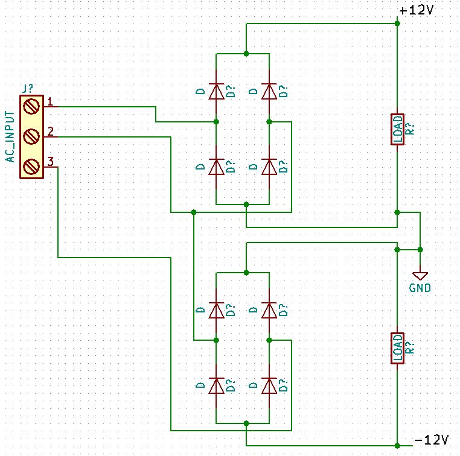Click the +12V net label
pyautogui.click(x=417, y=10)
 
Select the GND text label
pyautogui.click(x=420, y=288)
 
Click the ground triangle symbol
pyautogui.click(x=420, y=275)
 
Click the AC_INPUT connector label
pyautogui.click(x=10, y=136)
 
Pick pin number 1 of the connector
pyautogui.click(x=51, y=101)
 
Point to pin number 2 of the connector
pyautogui.click(x=51, y=131)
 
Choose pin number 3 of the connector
pyautogui.click(x=51, y=161)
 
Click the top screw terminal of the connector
pyautogui.click(x=31, y=107)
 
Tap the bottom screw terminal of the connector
pyautogui.click(x=31, y=167)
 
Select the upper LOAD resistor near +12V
pyautogui.click(x=397, y=129)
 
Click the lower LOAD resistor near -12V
pyautogui.click(x=397, y=348)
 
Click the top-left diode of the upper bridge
pyautogui.click(x=216, y=92)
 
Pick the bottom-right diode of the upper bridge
pyautogui.click(x=269, y=167)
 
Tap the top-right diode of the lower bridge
pyautogui.click(x=269, y=311)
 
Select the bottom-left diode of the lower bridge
pyautogui.click(x=216, y=386)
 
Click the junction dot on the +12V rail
pyautogui.click(x=397, y=24)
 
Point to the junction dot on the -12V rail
pyautogui.click(x=397, y=446)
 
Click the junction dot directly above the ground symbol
pyautogui.click(x=420, y=249)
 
